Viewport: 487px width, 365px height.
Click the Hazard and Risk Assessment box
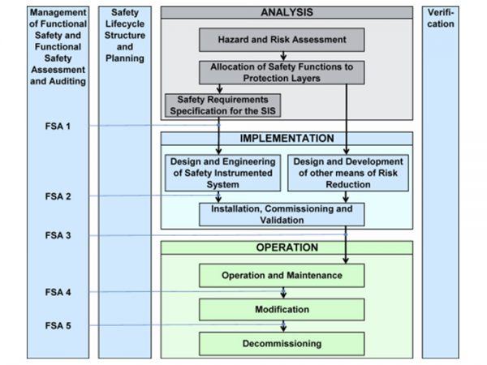pos(282,39)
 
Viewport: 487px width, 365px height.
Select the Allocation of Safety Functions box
pos(282,71)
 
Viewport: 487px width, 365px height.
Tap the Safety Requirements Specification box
pos(216,105)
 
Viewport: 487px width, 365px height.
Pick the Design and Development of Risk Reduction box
pos(347,173)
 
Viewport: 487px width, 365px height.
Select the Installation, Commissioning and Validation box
pos(282,214)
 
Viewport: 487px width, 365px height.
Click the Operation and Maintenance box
pos(282,276)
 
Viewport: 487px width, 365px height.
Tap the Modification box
pos(282,310)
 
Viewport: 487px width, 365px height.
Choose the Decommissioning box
pos(282,344)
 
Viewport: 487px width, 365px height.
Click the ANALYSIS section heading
pos(287,13)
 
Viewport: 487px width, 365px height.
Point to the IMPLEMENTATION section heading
pos(287,139)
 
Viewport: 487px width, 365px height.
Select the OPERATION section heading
pos(287,247)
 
